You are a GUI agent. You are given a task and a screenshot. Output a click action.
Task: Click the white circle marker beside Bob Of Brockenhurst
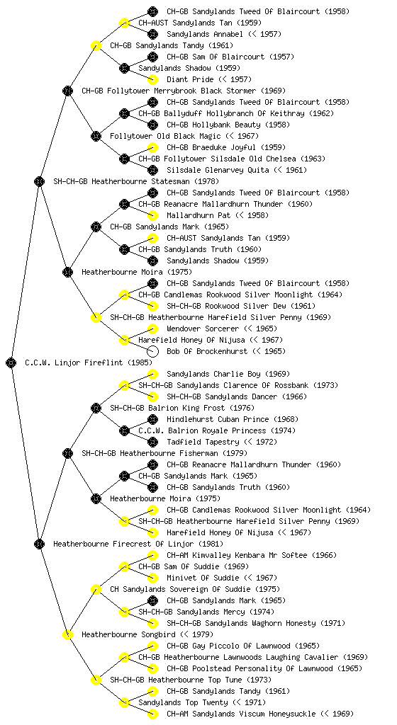(x=152, y=351)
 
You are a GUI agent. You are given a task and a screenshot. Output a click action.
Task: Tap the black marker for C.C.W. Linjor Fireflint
(x=11, y=362)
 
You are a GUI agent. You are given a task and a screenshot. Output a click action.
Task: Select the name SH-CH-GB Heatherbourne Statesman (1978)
(x=136, y=181)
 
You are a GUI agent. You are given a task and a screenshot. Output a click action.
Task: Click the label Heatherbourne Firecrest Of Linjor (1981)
(x=138, y=544)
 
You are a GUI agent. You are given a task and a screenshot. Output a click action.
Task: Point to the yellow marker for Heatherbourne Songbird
(x=67, y=634)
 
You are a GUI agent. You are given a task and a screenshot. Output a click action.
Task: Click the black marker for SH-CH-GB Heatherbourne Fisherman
(x=67, y=453)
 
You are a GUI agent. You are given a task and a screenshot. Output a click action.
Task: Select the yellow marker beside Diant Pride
(x=152, y=79)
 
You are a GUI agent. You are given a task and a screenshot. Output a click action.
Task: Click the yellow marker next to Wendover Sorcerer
(x=152, y=329)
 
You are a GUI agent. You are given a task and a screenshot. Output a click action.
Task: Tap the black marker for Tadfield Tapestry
(x=152, y=442)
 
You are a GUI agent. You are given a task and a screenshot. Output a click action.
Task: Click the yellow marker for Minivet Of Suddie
(x=152, y=578)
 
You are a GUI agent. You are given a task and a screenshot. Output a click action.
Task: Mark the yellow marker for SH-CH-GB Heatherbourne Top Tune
(x=96, y=680)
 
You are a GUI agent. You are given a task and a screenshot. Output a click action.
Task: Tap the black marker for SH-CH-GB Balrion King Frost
(x=96, y=408)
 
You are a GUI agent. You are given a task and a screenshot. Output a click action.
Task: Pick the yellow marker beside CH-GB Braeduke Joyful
(x=152, y=147)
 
